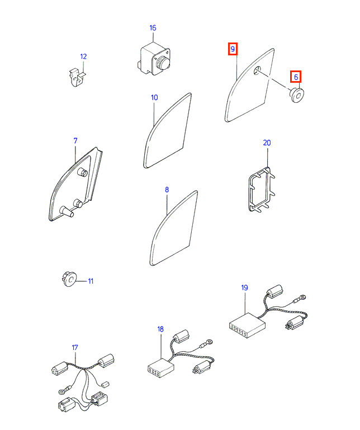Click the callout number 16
(x=153, y=28)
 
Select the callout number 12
(x=83, y=56)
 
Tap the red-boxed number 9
(x=233, y=49)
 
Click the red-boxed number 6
(x=296, y=77)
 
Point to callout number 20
(x=267, y=143)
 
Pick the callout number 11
(x=91, y=281)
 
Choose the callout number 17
(x=75, y=347)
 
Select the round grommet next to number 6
(x=297, y=96)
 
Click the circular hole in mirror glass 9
(x=257, y=70)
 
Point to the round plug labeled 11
(x=69, y=279)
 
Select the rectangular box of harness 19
(x=247, y=325)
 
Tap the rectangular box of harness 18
(x=160, y=367)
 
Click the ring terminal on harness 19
(x=302, y=297)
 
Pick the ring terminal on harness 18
(x=210, y=342)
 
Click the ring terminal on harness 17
(x=61, y=390)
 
